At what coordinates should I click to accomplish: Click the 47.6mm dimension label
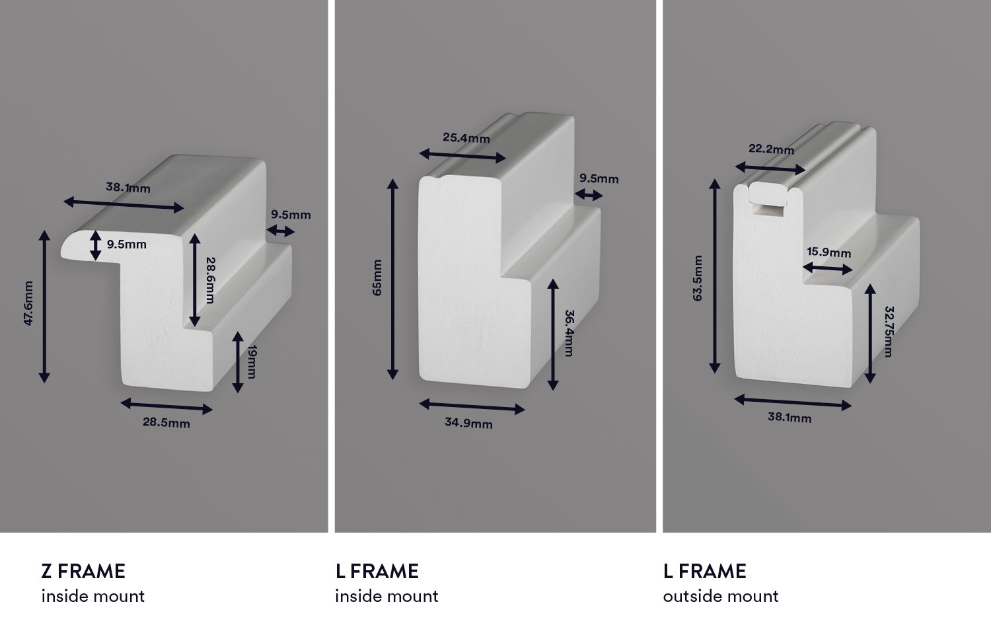(x=28, y=303)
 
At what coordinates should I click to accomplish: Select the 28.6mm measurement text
(x=209, y=280)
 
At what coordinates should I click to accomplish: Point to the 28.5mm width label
(x=166, y=423)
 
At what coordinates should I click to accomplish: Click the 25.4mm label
(x=466, y=138)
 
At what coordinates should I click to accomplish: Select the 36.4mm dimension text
(x=569, y=333)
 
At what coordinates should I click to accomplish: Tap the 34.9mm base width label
(x=468, y=423)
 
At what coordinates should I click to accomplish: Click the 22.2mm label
(x=772, y=149)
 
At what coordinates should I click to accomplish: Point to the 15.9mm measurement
(x=829, y=252)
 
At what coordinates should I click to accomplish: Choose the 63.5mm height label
(x=698, y=278)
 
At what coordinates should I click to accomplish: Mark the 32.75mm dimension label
(x=887, y=331)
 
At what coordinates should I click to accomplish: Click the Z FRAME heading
(x=83, y=571)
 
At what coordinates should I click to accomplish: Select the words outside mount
(x=721, y=596)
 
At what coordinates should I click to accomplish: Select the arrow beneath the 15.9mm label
(x=828, y=268)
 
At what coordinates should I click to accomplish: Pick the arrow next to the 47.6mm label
(x=44, y=307)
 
